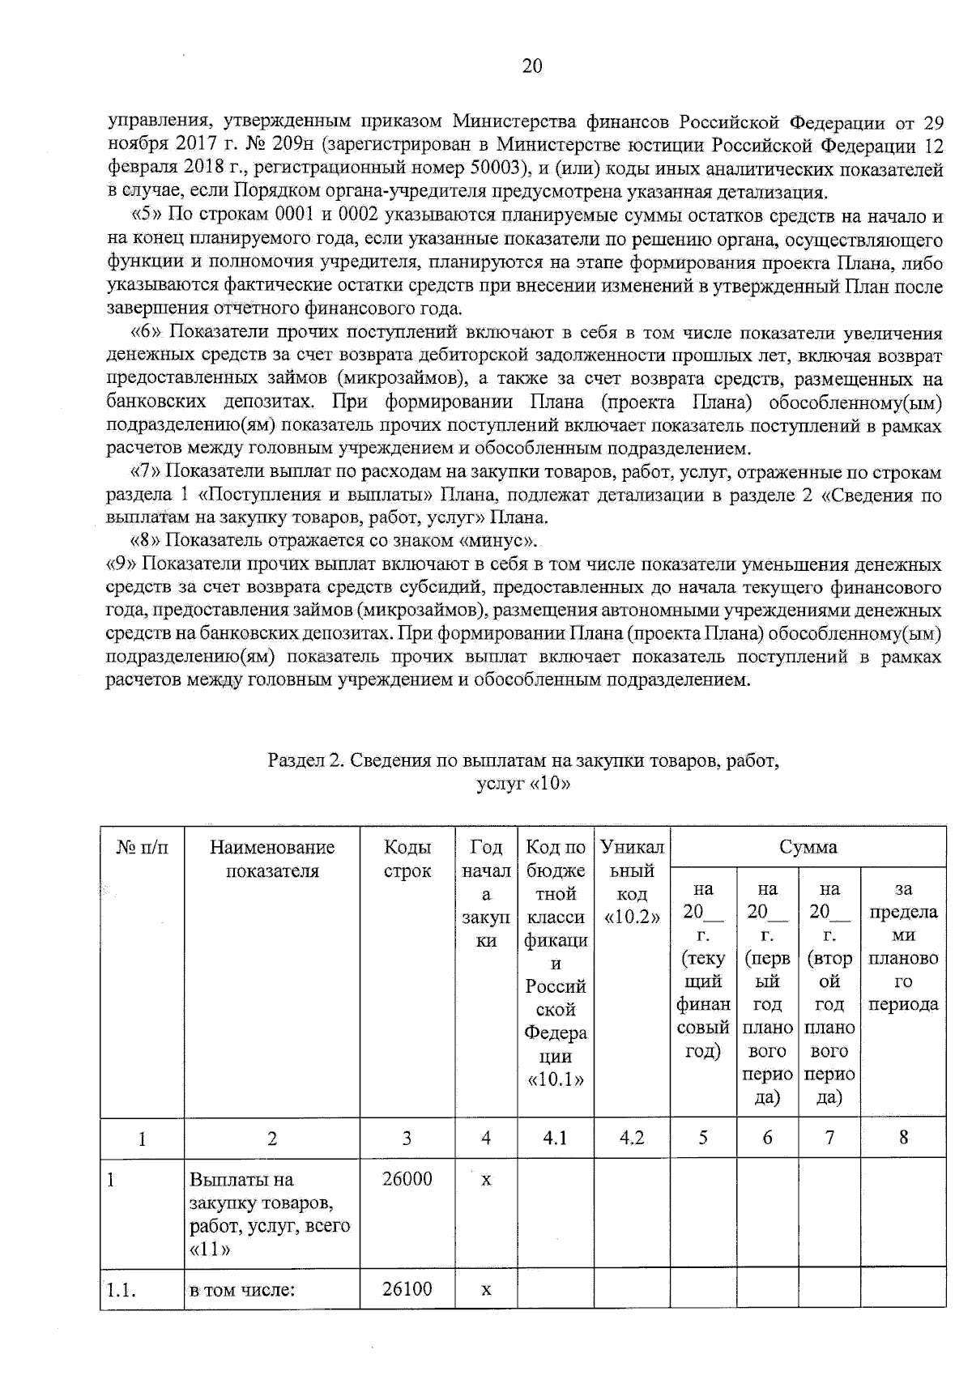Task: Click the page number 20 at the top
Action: click(x=532, y=66)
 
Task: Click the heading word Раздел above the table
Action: click(x=294, y=761)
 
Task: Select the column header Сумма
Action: click(x=808, y=848)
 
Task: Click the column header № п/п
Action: click(x=143, y=848)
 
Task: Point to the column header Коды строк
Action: click(x=407, y=859)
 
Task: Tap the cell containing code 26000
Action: click(x=407, y=1180)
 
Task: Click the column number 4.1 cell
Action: click(x=555, y=1139)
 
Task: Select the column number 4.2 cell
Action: click(x=632, y=1139)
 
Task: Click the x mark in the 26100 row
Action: click(x=486, y=1289)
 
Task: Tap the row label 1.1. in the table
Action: click(x=121, y=1290)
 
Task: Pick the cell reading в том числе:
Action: click(x=242, y=1290)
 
